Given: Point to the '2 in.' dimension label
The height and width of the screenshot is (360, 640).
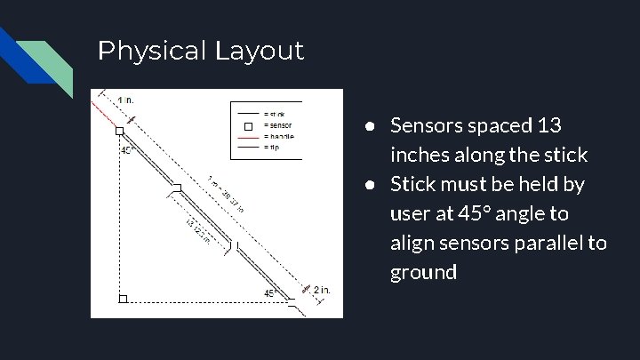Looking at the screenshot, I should click(322, 289).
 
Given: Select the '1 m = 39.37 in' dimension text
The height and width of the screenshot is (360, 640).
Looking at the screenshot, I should click(227, 193).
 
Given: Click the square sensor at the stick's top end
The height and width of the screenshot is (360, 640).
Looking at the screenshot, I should click(120, 132).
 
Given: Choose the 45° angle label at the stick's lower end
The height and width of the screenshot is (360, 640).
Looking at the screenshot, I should click(271, 292).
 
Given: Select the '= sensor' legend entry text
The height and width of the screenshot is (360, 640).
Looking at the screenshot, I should click(277, 125).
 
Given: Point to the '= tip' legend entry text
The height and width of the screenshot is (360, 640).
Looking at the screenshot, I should click(273, 147).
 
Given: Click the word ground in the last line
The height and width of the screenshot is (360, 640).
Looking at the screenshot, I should click(423, 272).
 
